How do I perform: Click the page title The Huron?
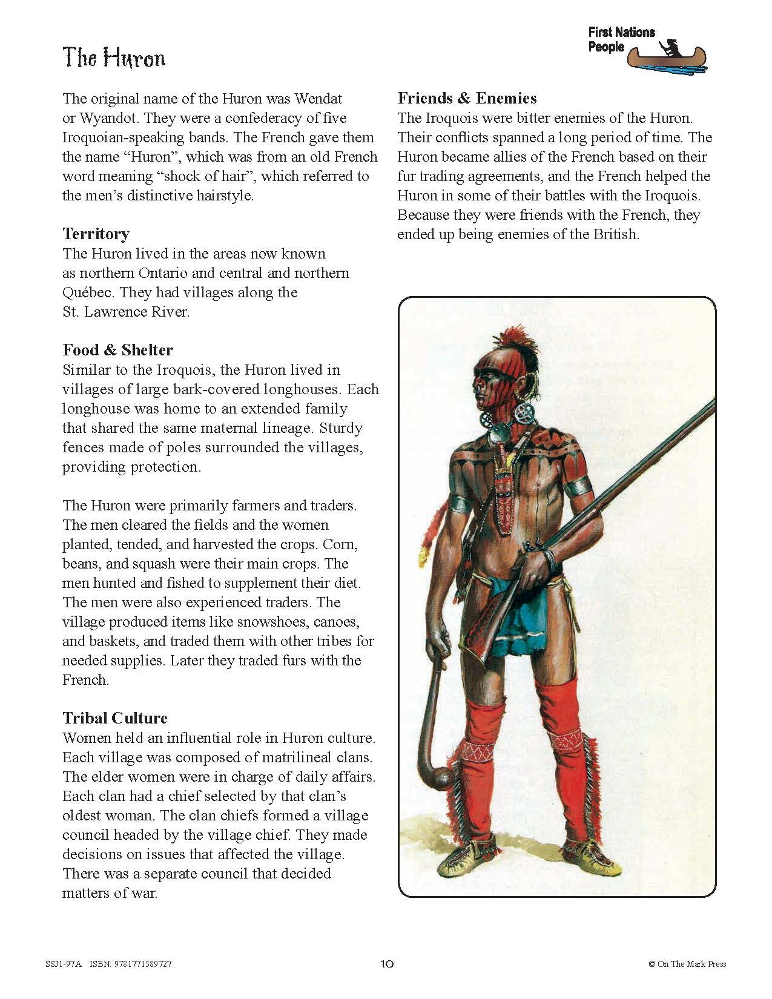coord(114,58)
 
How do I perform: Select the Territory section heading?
coord(96,234)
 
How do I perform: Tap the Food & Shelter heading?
coord(117,350)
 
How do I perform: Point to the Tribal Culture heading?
coord(115,718)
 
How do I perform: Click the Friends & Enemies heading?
coord(467,98)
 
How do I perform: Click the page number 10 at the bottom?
coord(388,964)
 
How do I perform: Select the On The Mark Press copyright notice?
coord(687,964)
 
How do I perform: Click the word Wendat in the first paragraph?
coord(315,98)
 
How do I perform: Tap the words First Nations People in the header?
coord(620,39)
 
